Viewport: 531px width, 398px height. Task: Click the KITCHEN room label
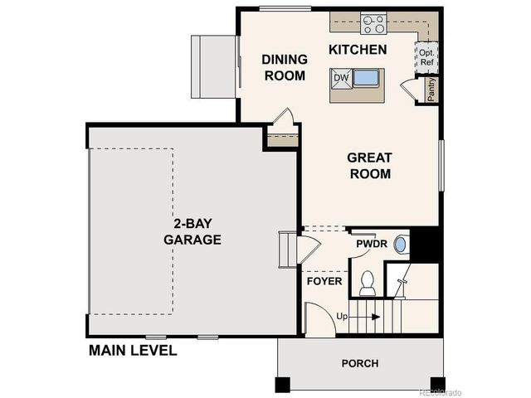click(358, 50)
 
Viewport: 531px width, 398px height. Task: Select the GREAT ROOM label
click(369, 165)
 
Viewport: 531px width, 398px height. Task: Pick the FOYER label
click(324, 281)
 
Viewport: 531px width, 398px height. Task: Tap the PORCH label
click(359, 363)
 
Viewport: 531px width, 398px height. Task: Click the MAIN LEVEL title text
click(133, 350)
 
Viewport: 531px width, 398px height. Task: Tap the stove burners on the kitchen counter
click(373, 23)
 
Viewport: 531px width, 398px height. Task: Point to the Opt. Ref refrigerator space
click(427, 57)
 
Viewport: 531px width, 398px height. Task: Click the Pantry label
click(431, 90)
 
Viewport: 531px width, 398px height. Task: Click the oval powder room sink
click(400, 245)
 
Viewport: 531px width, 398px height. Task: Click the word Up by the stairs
click(342, 317)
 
